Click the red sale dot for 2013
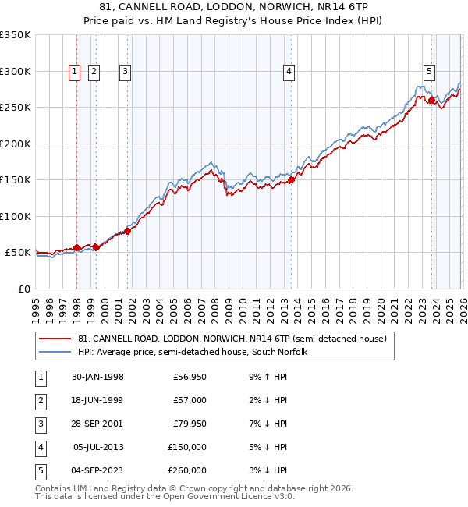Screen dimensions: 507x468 coord(291,179)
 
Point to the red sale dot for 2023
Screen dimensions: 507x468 coord(431,99)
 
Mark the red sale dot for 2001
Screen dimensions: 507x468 coord(128,231)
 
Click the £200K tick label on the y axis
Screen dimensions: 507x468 coord(16,144)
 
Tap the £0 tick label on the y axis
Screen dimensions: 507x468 coord(23,289)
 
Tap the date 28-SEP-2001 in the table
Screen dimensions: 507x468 coord(97,424)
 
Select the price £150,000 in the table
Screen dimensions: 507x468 coord(187,448)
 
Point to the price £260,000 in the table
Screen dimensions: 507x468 coord(187,471)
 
